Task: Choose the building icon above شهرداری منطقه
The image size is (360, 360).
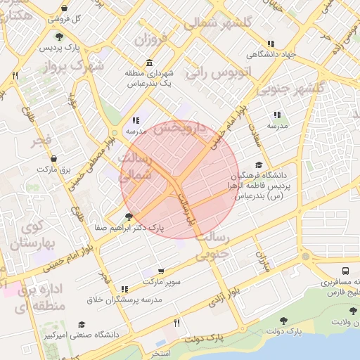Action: pyautogui.click(x=148, y=63)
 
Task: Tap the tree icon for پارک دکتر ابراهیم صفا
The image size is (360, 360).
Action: pyautogui.click(x=127, y=217)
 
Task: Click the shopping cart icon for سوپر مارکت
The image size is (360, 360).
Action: pyautogui.click(x=162, y=271)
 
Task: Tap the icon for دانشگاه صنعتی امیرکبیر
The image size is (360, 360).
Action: pyautogui.click(x=82, y=324)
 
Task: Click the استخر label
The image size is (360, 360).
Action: pyautogui.click(x=161, y=352)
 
